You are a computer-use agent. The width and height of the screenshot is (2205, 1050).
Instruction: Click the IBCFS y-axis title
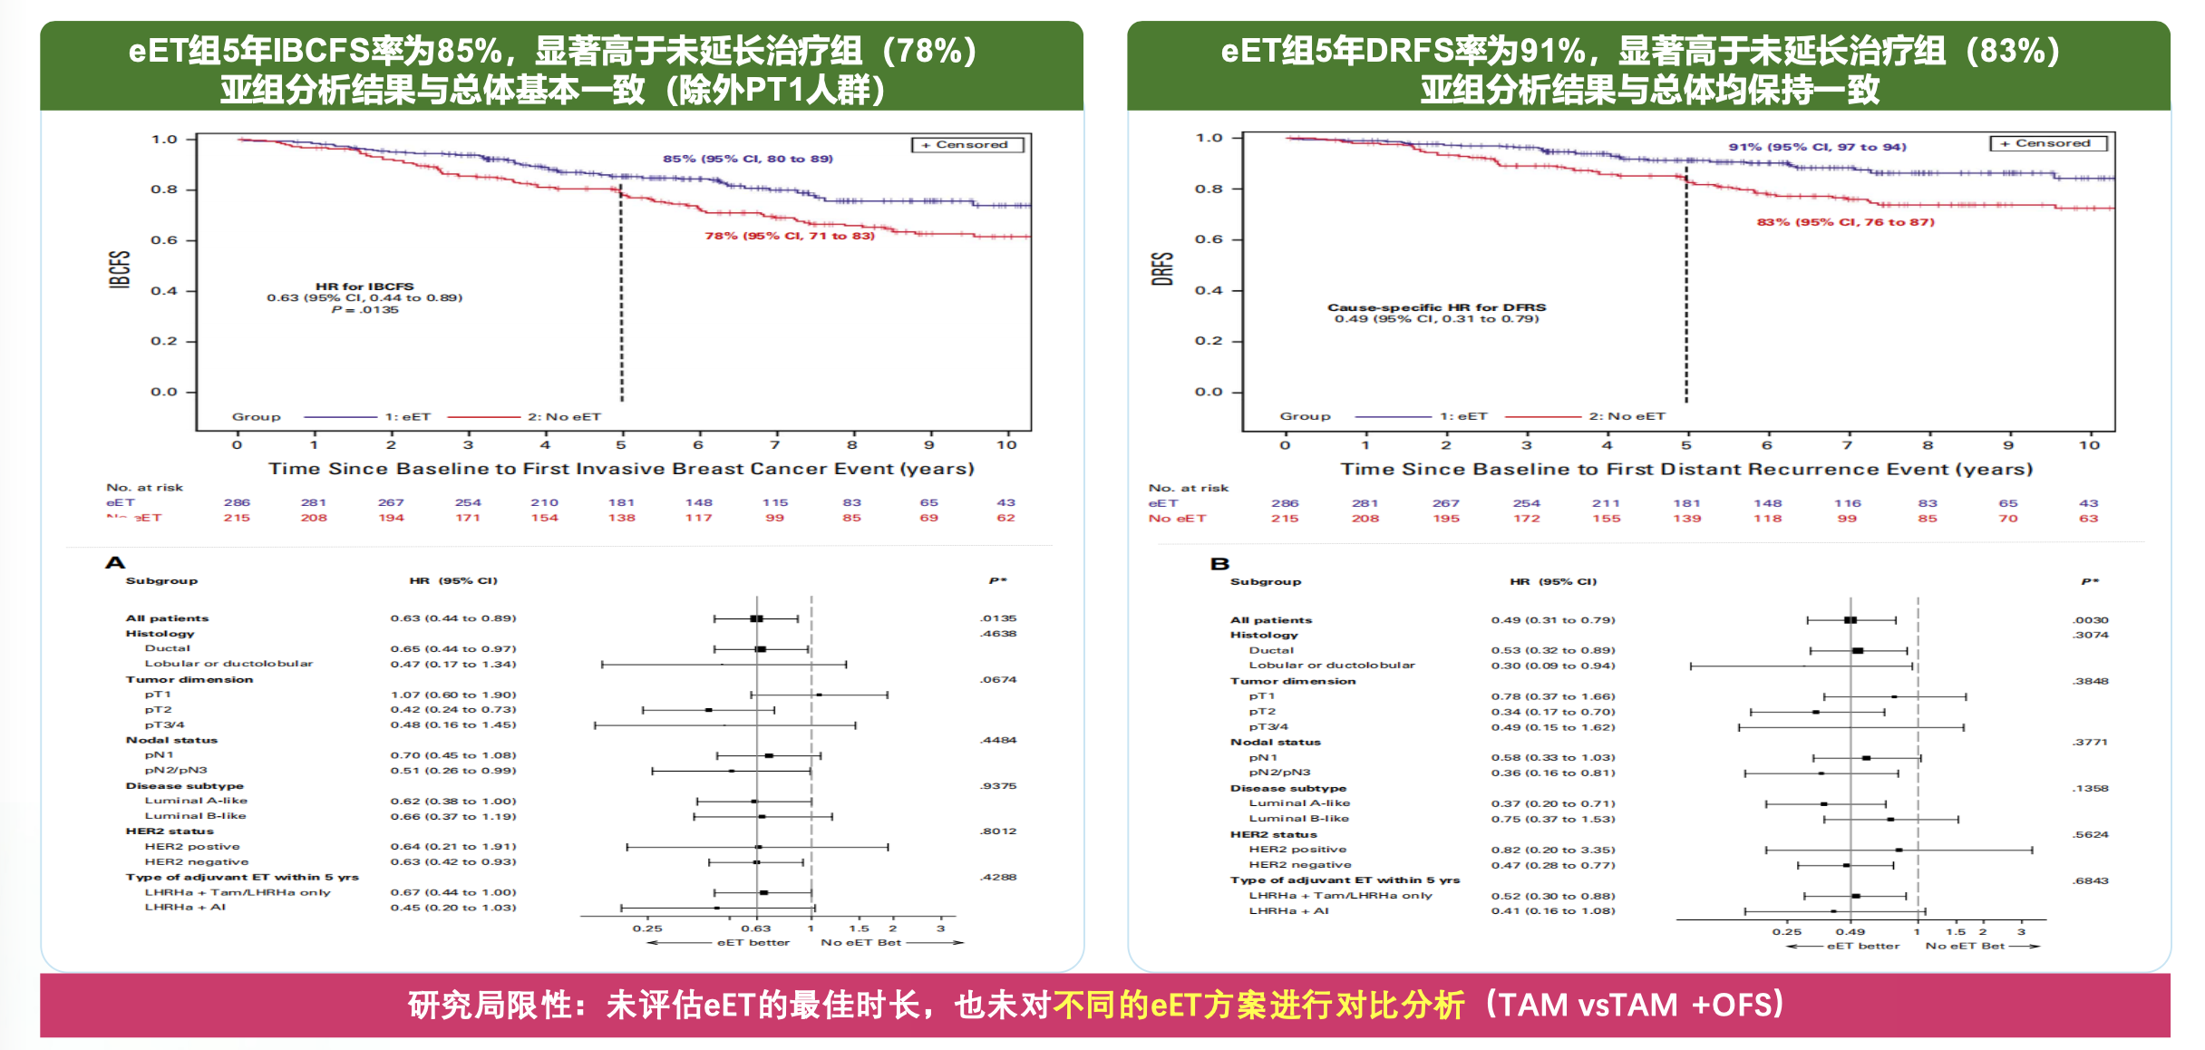[x=120, y=269]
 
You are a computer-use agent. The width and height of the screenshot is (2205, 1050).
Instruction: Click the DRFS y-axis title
[x=1162, y=269]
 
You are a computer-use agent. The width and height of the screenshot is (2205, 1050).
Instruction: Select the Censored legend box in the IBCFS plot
[x=967, y=145]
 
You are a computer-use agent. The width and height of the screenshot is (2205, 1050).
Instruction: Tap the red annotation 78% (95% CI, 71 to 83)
[x=790, y=236]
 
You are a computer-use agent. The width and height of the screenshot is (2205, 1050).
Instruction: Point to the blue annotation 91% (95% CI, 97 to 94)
[x=1817, y=147]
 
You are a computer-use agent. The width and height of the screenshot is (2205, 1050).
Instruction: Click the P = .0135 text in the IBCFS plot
[x=364, y=310]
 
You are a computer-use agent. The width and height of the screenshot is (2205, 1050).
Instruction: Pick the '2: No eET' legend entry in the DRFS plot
[x=1627, y=416]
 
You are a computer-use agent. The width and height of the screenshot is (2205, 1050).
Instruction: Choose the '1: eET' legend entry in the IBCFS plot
[x=407, y=417]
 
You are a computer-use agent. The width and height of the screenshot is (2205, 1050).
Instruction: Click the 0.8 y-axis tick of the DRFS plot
[x=1209, y=190]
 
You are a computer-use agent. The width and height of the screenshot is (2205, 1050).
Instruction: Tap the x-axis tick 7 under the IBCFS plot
[x=775, y=445]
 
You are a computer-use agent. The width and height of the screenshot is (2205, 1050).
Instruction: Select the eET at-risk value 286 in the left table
[x=237, y=502]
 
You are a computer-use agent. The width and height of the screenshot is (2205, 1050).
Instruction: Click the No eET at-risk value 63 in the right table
[x=2088, y=519]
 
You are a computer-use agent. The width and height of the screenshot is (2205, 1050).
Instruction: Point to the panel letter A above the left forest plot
[x=115, y=563]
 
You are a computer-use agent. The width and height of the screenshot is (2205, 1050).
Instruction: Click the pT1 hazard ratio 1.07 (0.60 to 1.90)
[x=453, y=695]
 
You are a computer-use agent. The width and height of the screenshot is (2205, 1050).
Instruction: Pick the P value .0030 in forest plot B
[x=2090, y=620]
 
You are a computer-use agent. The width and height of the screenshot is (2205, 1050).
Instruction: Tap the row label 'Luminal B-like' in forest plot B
[x=1298, y=819]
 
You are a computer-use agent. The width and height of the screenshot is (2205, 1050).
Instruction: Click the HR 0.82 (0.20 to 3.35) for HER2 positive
[x=1553, y=850]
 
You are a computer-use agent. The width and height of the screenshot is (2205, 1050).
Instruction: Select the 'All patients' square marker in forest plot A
[x=756, y=618]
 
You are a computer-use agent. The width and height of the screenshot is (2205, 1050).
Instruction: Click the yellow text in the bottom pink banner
[x=1258, y=1005]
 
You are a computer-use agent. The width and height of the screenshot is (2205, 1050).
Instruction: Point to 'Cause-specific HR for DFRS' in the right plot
[x=1436, y=307]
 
